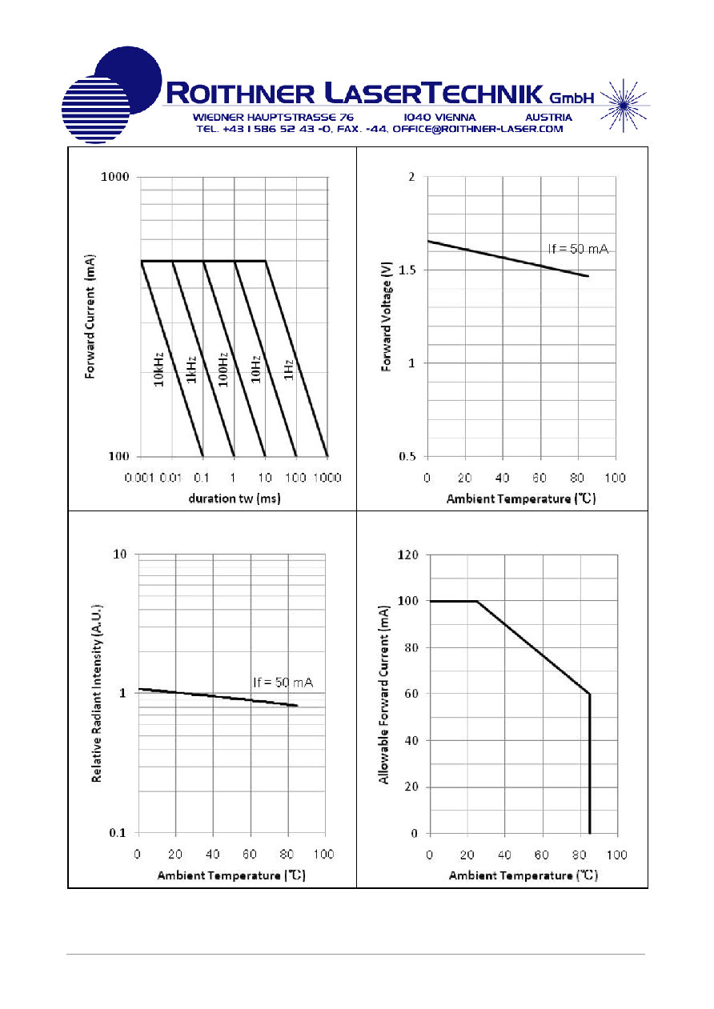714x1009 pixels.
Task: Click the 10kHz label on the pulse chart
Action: (x=158, y=370)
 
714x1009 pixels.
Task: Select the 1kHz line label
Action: (x=191, y=370)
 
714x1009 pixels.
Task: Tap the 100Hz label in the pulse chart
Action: (x=223, y=370)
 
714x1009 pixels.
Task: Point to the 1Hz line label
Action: (x=289, y=370)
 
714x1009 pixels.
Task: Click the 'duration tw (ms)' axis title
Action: (x=235, y=498)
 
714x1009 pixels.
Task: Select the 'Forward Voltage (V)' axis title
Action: (x=386, y=316)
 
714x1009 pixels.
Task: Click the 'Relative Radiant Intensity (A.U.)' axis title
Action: (x=96, y=693)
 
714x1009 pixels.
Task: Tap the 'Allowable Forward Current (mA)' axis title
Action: (x=383, y=695)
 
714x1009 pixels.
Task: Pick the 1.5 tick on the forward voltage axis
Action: (x=407, y=270)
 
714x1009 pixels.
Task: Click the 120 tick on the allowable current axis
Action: (x=408, y=555)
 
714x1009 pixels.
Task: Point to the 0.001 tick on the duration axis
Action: (x=139, y=478)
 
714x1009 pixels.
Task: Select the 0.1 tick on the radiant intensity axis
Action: (x=118, y=832)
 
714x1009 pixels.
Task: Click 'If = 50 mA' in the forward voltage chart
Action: (x=578, y=249)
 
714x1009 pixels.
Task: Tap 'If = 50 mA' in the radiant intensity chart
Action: (x=283, y=683)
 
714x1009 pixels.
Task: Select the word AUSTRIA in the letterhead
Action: (x=548, y=117)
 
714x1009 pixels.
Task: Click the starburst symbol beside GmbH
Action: (x=624, y=106)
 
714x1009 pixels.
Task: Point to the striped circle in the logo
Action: (x=95, y=110)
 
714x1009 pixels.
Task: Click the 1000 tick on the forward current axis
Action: (x=115, y=177)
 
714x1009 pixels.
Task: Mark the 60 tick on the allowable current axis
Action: (x=411, y=694)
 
